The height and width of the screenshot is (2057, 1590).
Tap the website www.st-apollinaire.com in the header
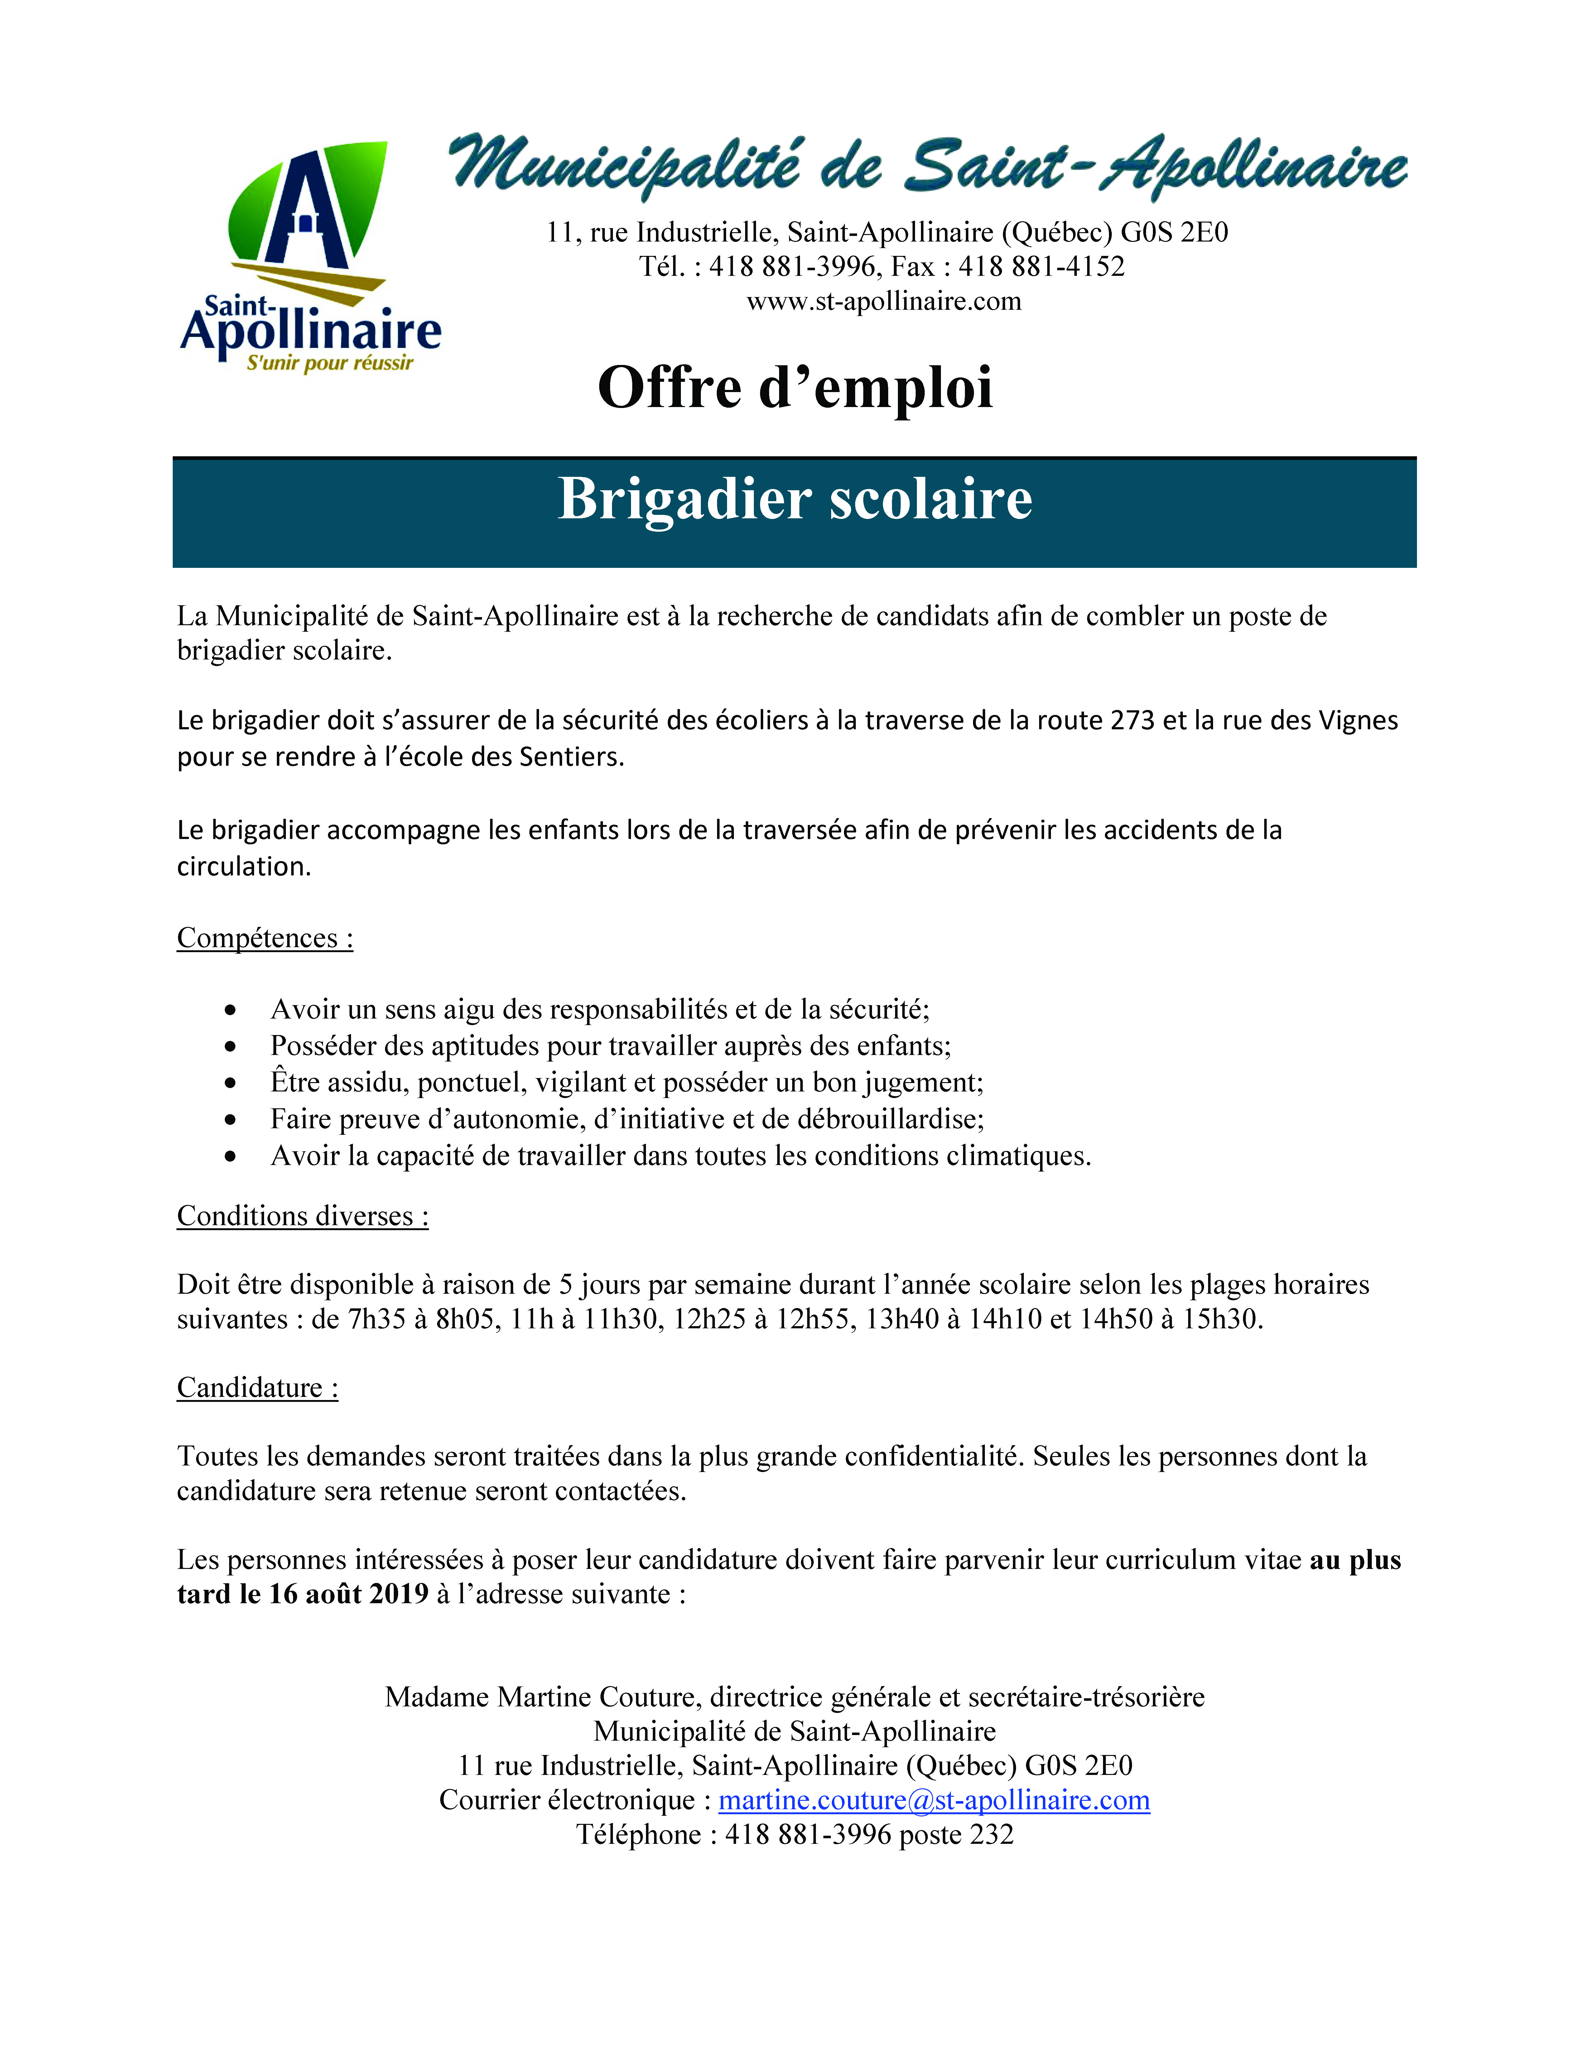[x=884, y=301]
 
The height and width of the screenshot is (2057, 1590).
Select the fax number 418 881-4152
[x=1042, y=266]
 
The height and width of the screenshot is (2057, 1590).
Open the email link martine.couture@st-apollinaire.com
[x=933, y=1801]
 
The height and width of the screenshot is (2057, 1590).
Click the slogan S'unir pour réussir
[x=330, y=363]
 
